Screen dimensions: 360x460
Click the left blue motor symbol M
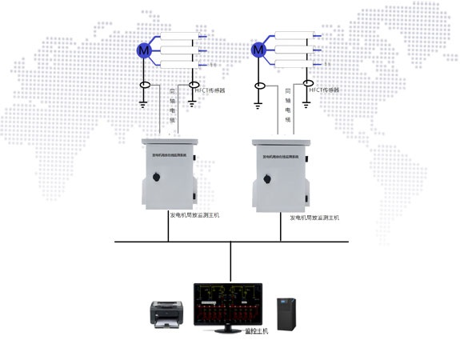tap(144, 50)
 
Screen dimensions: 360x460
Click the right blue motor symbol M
tap(258, 50)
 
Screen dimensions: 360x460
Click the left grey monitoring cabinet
tap(168, 171)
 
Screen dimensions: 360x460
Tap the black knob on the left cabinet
tap(191, 198)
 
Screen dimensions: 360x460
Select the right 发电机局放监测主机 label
tap(314, 217)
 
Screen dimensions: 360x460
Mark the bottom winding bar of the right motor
tap(296, 62)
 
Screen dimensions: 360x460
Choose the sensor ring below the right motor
tap(258, 86)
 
